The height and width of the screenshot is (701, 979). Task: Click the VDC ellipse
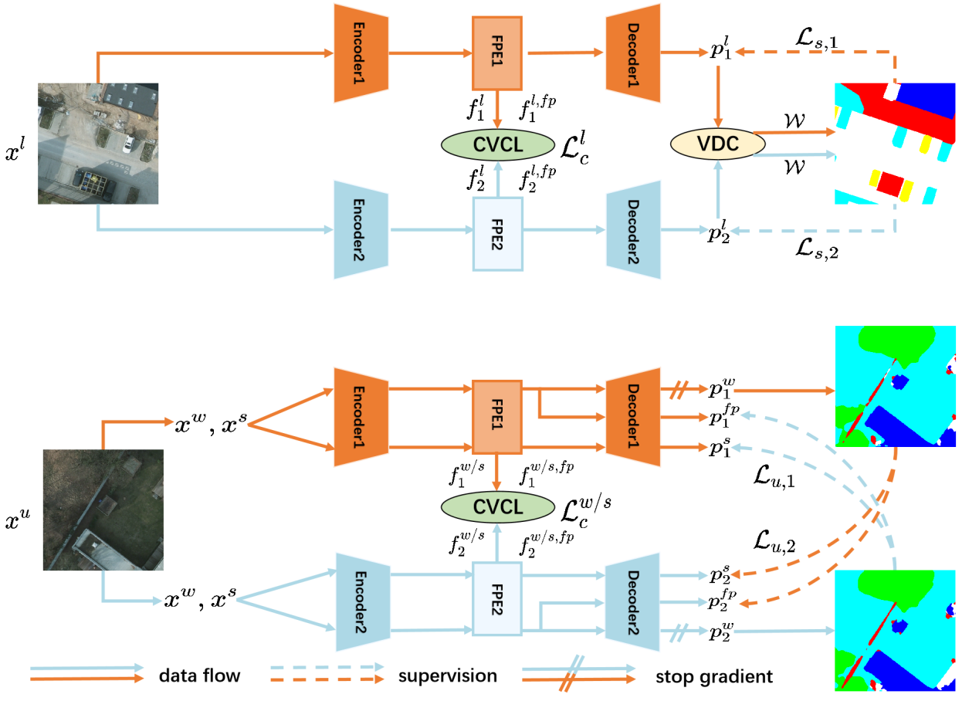point(718,144)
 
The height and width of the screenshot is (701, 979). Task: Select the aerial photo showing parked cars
point(98,144)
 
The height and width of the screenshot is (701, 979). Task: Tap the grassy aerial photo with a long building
point(103,510)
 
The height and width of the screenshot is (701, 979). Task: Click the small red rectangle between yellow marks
point(889,184)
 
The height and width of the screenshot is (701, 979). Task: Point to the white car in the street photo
point(127,143)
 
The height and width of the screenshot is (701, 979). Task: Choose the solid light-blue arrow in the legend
point(86,667)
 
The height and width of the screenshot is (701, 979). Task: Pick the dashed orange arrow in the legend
point(327,679)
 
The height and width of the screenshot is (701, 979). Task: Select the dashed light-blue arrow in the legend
point(327,667)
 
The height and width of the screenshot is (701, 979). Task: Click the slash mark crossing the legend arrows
point(573,673)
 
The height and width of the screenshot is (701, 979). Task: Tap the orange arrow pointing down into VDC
point(718,97)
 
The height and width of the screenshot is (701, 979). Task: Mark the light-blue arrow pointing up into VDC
point(718,188)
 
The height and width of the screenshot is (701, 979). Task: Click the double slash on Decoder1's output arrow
point(677,390)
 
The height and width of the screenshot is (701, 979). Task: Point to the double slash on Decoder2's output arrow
point(678,632)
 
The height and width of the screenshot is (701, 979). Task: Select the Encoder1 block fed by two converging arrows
point(361,417)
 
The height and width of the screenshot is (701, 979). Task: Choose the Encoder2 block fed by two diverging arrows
point(361,601)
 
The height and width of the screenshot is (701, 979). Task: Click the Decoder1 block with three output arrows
point(633,417)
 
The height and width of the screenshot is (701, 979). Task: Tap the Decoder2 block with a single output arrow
point(633,229)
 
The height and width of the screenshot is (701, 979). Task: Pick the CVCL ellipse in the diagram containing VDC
point(498,144)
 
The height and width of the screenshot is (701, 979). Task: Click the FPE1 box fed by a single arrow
point(497,52)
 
